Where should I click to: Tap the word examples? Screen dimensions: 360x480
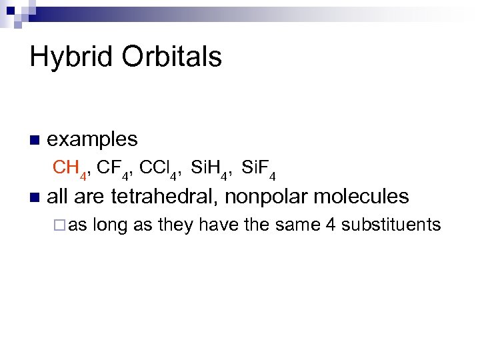pyautogui.click(x=93, y=139)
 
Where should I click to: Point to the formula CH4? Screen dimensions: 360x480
pyautogui.click(x=70, y=169)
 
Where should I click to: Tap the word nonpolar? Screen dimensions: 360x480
pyautogui.click(x=265, y=197)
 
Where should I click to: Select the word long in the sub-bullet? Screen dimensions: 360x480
pyautogui.click(x=111, y=225)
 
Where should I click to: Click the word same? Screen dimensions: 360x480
pyautogui.click(x=295, y=225)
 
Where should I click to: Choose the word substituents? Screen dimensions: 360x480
pyautogui.click(x=391, y=225)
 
